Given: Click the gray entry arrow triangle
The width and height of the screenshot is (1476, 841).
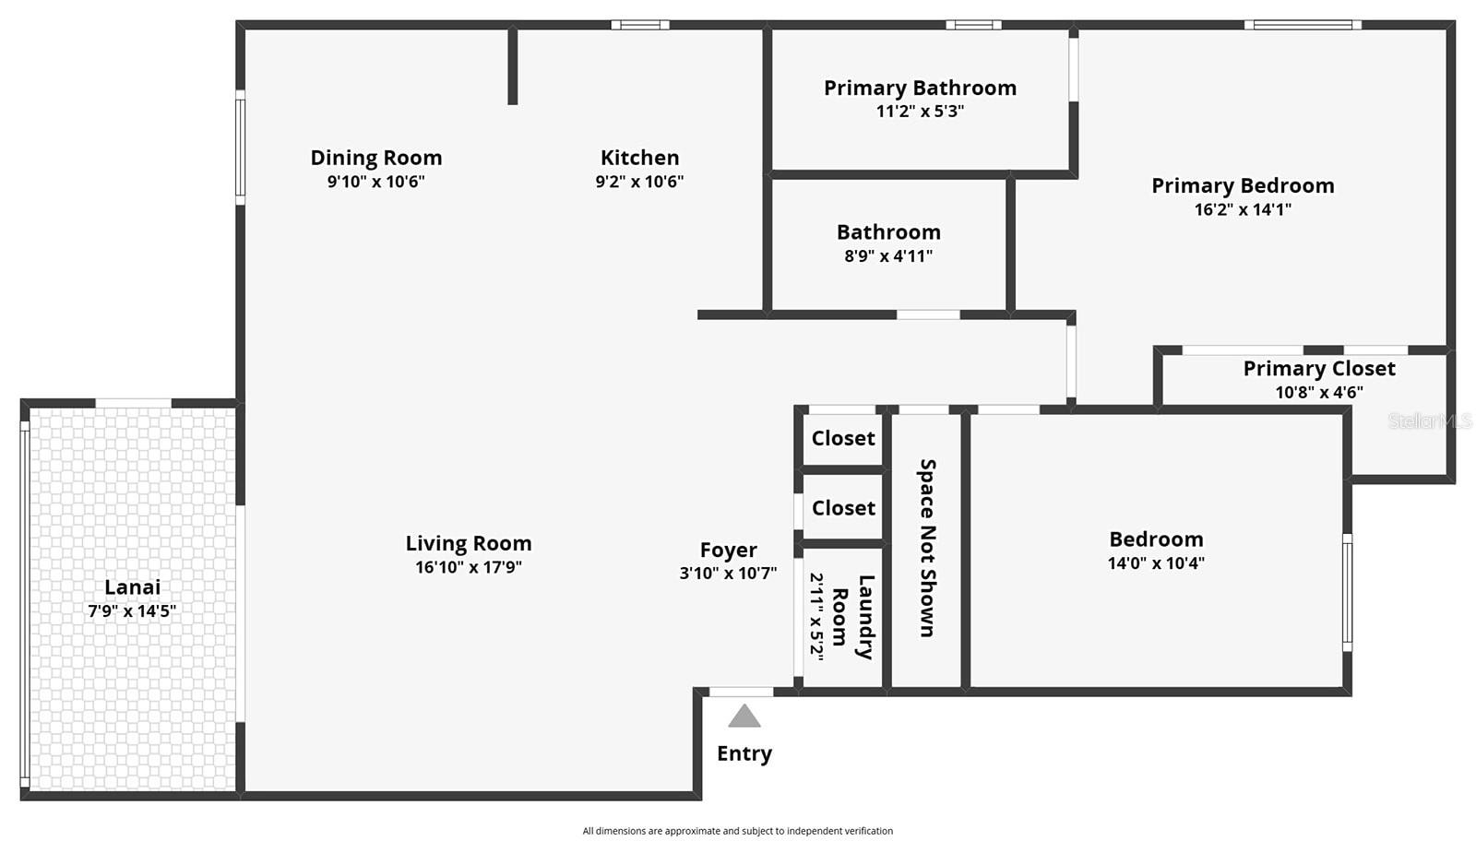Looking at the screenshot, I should tap(744, 717).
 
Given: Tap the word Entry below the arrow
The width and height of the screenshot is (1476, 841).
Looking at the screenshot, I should tap(744, 753).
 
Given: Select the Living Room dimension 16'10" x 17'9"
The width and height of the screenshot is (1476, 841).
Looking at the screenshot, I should tap(469, 567).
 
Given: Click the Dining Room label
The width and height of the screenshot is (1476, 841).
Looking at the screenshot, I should tap(376, 158).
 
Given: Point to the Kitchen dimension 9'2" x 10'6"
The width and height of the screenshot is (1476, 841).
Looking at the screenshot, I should tap(639, 182).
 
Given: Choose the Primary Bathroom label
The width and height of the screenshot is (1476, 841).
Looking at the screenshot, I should tap(920, 88).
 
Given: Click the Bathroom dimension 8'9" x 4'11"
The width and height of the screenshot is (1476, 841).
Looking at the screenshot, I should tap(888, 256).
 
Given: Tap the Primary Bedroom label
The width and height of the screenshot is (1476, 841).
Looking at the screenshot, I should tap(1243, 185).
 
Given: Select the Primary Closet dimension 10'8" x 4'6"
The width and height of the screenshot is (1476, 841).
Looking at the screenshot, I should tap(1319, 392).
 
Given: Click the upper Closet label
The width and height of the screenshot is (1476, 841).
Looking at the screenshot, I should tap(843, 438).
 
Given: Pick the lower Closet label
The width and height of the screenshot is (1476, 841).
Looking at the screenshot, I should tap(843, 508).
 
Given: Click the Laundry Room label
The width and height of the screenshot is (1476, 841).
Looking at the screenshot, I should tap(853, 616).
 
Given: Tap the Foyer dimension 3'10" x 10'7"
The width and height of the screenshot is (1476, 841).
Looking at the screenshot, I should tap(728, 573).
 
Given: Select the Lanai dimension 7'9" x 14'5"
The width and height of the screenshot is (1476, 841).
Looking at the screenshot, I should tap(132, 610).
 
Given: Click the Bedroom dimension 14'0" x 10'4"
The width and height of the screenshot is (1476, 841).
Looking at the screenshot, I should tap(1156, 563).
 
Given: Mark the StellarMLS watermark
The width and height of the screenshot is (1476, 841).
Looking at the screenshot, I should tap(1430, 421).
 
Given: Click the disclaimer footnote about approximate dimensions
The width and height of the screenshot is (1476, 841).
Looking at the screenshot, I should tap(737, 831).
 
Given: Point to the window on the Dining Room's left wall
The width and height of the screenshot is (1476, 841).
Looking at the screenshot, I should tap(240, 148).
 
